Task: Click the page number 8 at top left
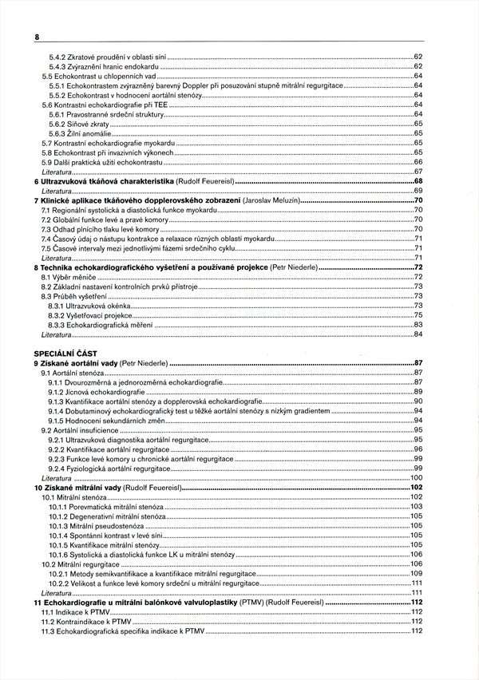(x=37, y=37)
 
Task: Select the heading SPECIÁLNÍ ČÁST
(x=65, y=352)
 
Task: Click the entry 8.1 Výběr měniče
(x=69, y=276)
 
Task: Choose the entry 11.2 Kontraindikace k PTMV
(x=83, y=621)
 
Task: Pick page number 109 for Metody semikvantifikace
(x=416, y=573)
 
